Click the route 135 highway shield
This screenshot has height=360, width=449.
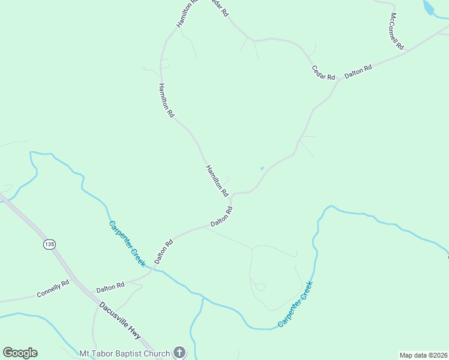(x=49, y=244)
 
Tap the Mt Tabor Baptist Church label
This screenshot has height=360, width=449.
(x=125, y=353)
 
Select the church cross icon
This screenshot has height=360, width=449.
(x=179, y=353)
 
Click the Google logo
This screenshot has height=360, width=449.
(x=20, y=353)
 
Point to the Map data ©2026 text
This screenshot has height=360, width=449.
(x=424, y=355)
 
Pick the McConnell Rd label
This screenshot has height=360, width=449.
(x=396, y=31)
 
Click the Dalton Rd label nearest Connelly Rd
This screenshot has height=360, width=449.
(x=110, y=287)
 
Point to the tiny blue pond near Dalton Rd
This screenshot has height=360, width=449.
(x=262, y=168)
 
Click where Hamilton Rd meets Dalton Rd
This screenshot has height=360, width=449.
(x=231, y=194)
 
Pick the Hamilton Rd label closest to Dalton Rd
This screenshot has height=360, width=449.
(x=217, y=181)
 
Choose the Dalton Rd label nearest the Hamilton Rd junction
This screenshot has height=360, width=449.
(x=221, y=217)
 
